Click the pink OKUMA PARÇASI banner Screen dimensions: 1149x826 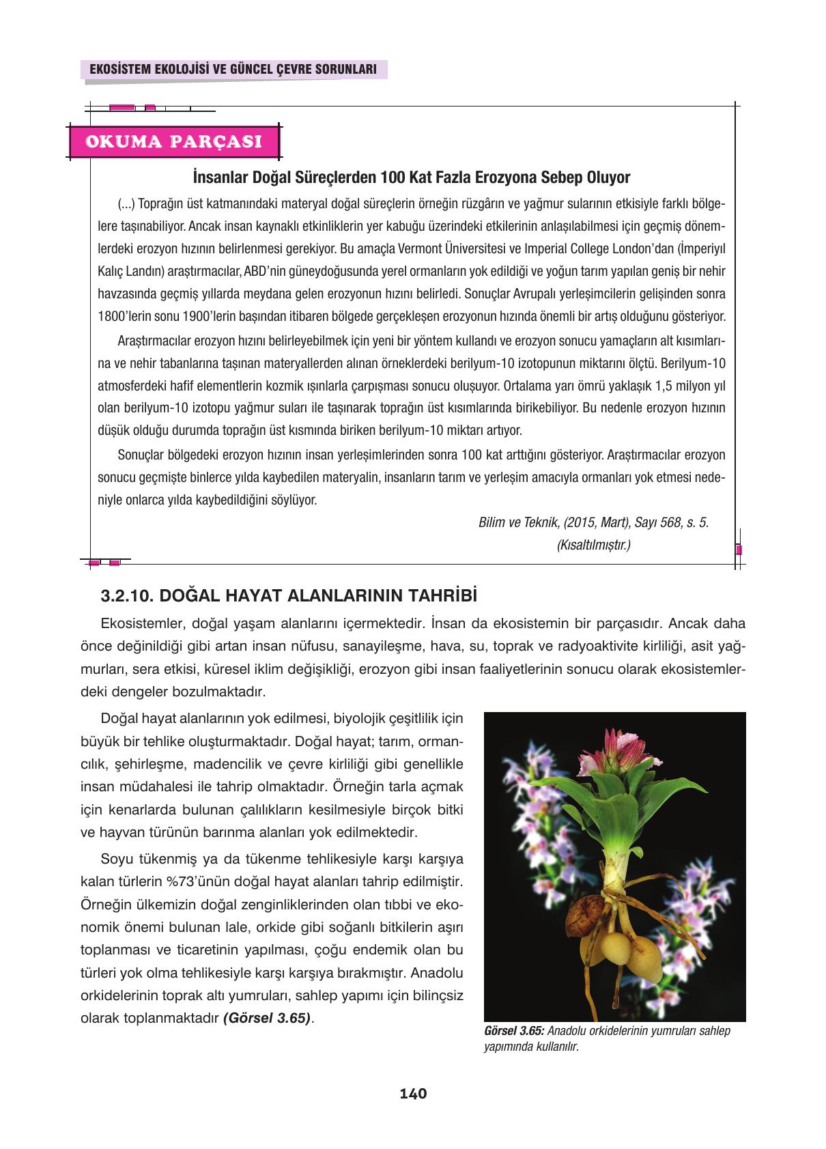click(x=173, y=141)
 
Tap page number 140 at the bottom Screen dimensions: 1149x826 click(x=413, y=1093)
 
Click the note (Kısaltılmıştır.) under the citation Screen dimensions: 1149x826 click(x=593, y=545)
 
